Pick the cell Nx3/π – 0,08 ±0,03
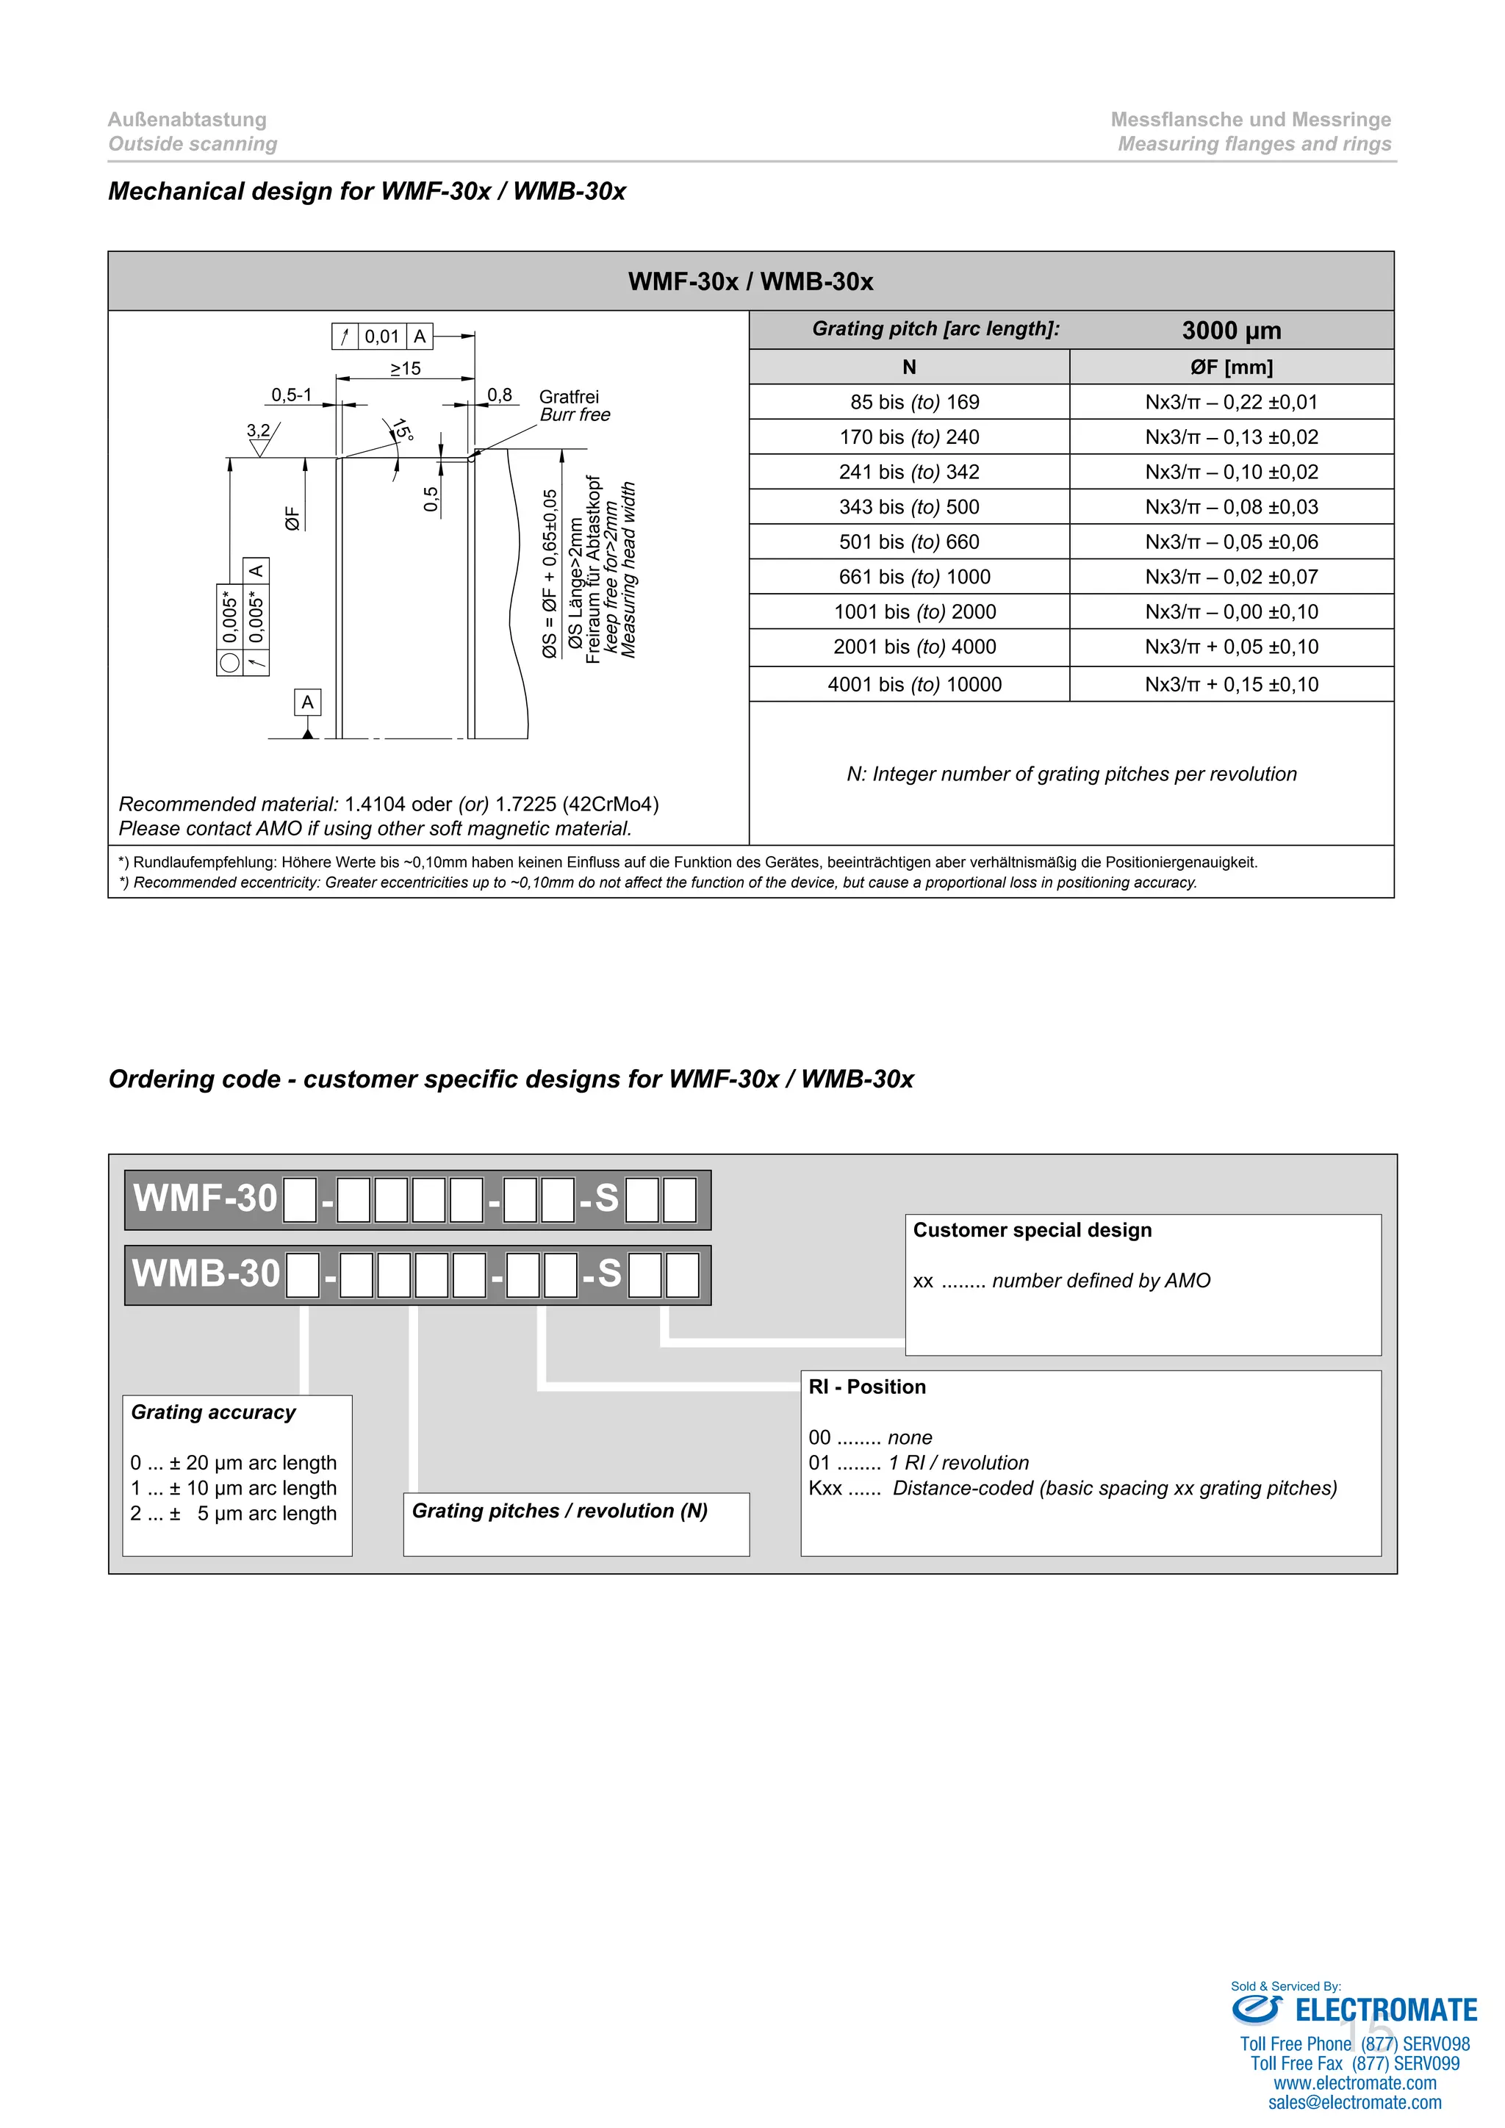(1231, 507)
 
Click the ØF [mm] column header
(1231, 367)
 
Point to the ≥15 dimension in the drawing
(405, 369)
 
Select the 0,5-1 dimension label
(291, 396)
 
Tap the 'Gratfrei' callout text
(568, 397)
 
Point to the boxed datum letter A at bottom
(308, 702)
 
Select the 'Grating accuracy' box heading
(213, 1412)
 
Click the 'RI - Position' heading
(866, 1387)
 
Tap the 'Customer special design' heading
(1032, 1230)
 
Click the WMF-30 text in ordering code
(205, 1198)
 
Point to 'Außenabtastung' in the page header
(187, 120)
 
